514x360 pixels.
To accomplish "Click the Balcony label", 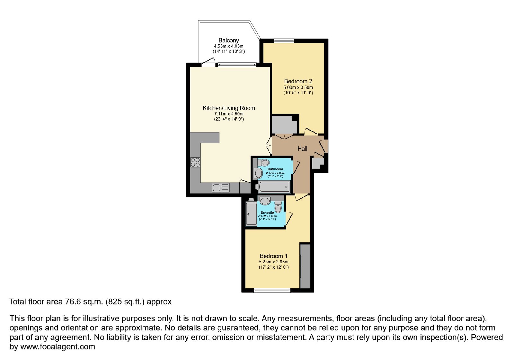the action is (x=228, y=40).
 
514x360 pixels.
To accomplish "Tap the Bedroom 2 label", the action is (x=298, y=81).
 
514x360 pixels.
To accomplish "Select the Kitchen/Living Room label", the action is (x=228, y=108).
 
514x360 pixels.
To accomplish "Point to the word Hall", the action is (x=302, y=149).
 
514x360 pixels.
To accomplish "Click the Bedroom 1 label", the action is (x=273, y=256).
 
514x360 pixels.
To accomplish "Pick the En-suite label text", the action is (x=267, y=212).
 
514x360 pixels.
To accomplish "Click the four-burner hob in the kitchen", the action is (x=195, y=162).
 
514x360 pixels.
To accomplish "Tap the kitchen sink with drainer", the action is (x=221, y=188).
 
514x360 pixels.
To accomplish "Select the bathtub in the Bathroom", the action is (x=274, y=187).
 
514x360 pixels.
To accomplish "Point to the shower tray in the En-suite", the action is (x=251, y=214).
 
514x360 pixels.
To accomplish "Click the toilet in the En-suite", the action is (x=278, y=207).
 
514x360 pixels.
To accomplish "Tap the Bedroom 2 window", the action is (x=284, y=41).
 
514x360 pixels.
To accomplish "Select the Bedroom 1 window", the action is (x=272, y=291).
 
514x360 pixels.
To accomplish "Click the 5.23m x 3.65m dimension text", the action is (x=273, y=262).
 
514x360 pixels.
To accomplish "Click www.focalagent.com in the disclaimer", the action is (x=58, y=346).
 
